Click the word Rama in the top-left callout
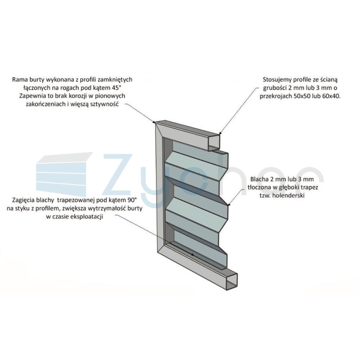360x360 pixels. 19,80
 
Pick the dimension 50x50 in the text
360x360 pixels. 301,96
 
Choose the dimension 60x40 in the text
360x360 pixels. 331,96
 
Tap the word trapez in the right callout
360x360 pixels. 310,187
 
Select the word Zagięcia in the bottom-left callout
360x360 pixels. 23,200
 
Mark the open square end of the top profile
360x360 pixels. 214,143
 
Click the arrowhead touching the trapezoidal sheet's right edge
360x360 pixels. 228,203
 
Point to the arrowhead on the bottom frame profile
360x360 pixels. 193,254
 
